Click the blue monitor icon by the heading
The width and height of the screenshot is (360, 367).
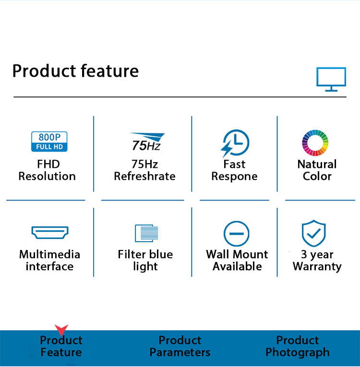pos(331,79)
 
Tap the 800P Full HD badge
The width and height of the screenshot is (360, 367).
pos(49,142)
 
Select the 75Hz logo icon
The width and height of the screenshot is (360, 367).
pos(147,142)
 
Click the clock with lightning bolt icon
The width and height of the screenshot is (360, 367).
pos(235,143)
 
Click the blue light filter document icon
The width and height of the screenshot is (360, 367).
pos(146,233)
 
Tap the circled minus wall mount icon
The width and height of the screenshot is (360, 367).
pos(237,234)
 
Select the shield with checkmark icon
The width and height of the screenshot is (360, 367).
pos(314,233)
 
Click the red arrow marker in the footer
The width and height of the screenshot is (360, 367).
pos(61,330)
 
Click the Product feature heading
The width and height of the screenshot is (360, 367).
pos(75,71)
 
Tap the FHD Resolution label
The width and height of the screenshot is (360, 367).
pos(47,170)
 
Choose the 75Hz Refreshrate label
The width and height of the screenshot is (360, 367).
pos(144,170)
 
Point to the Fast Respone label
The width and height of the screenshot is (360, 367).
pos(234,170)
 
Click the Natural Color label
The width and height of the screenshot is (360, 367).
pos(317,170)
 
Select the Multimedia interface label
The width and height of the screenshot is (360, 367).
pos(49,260)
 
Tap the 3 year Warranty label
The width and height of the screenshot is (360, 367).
pos(317,260)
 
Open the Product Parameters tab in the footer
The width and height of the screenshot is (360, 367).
pos(180,346)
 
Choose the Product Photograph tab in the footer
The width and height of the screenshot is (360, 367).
pos(298,346)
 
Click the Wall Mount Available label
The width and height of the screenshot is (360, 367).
pos(237,260)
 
